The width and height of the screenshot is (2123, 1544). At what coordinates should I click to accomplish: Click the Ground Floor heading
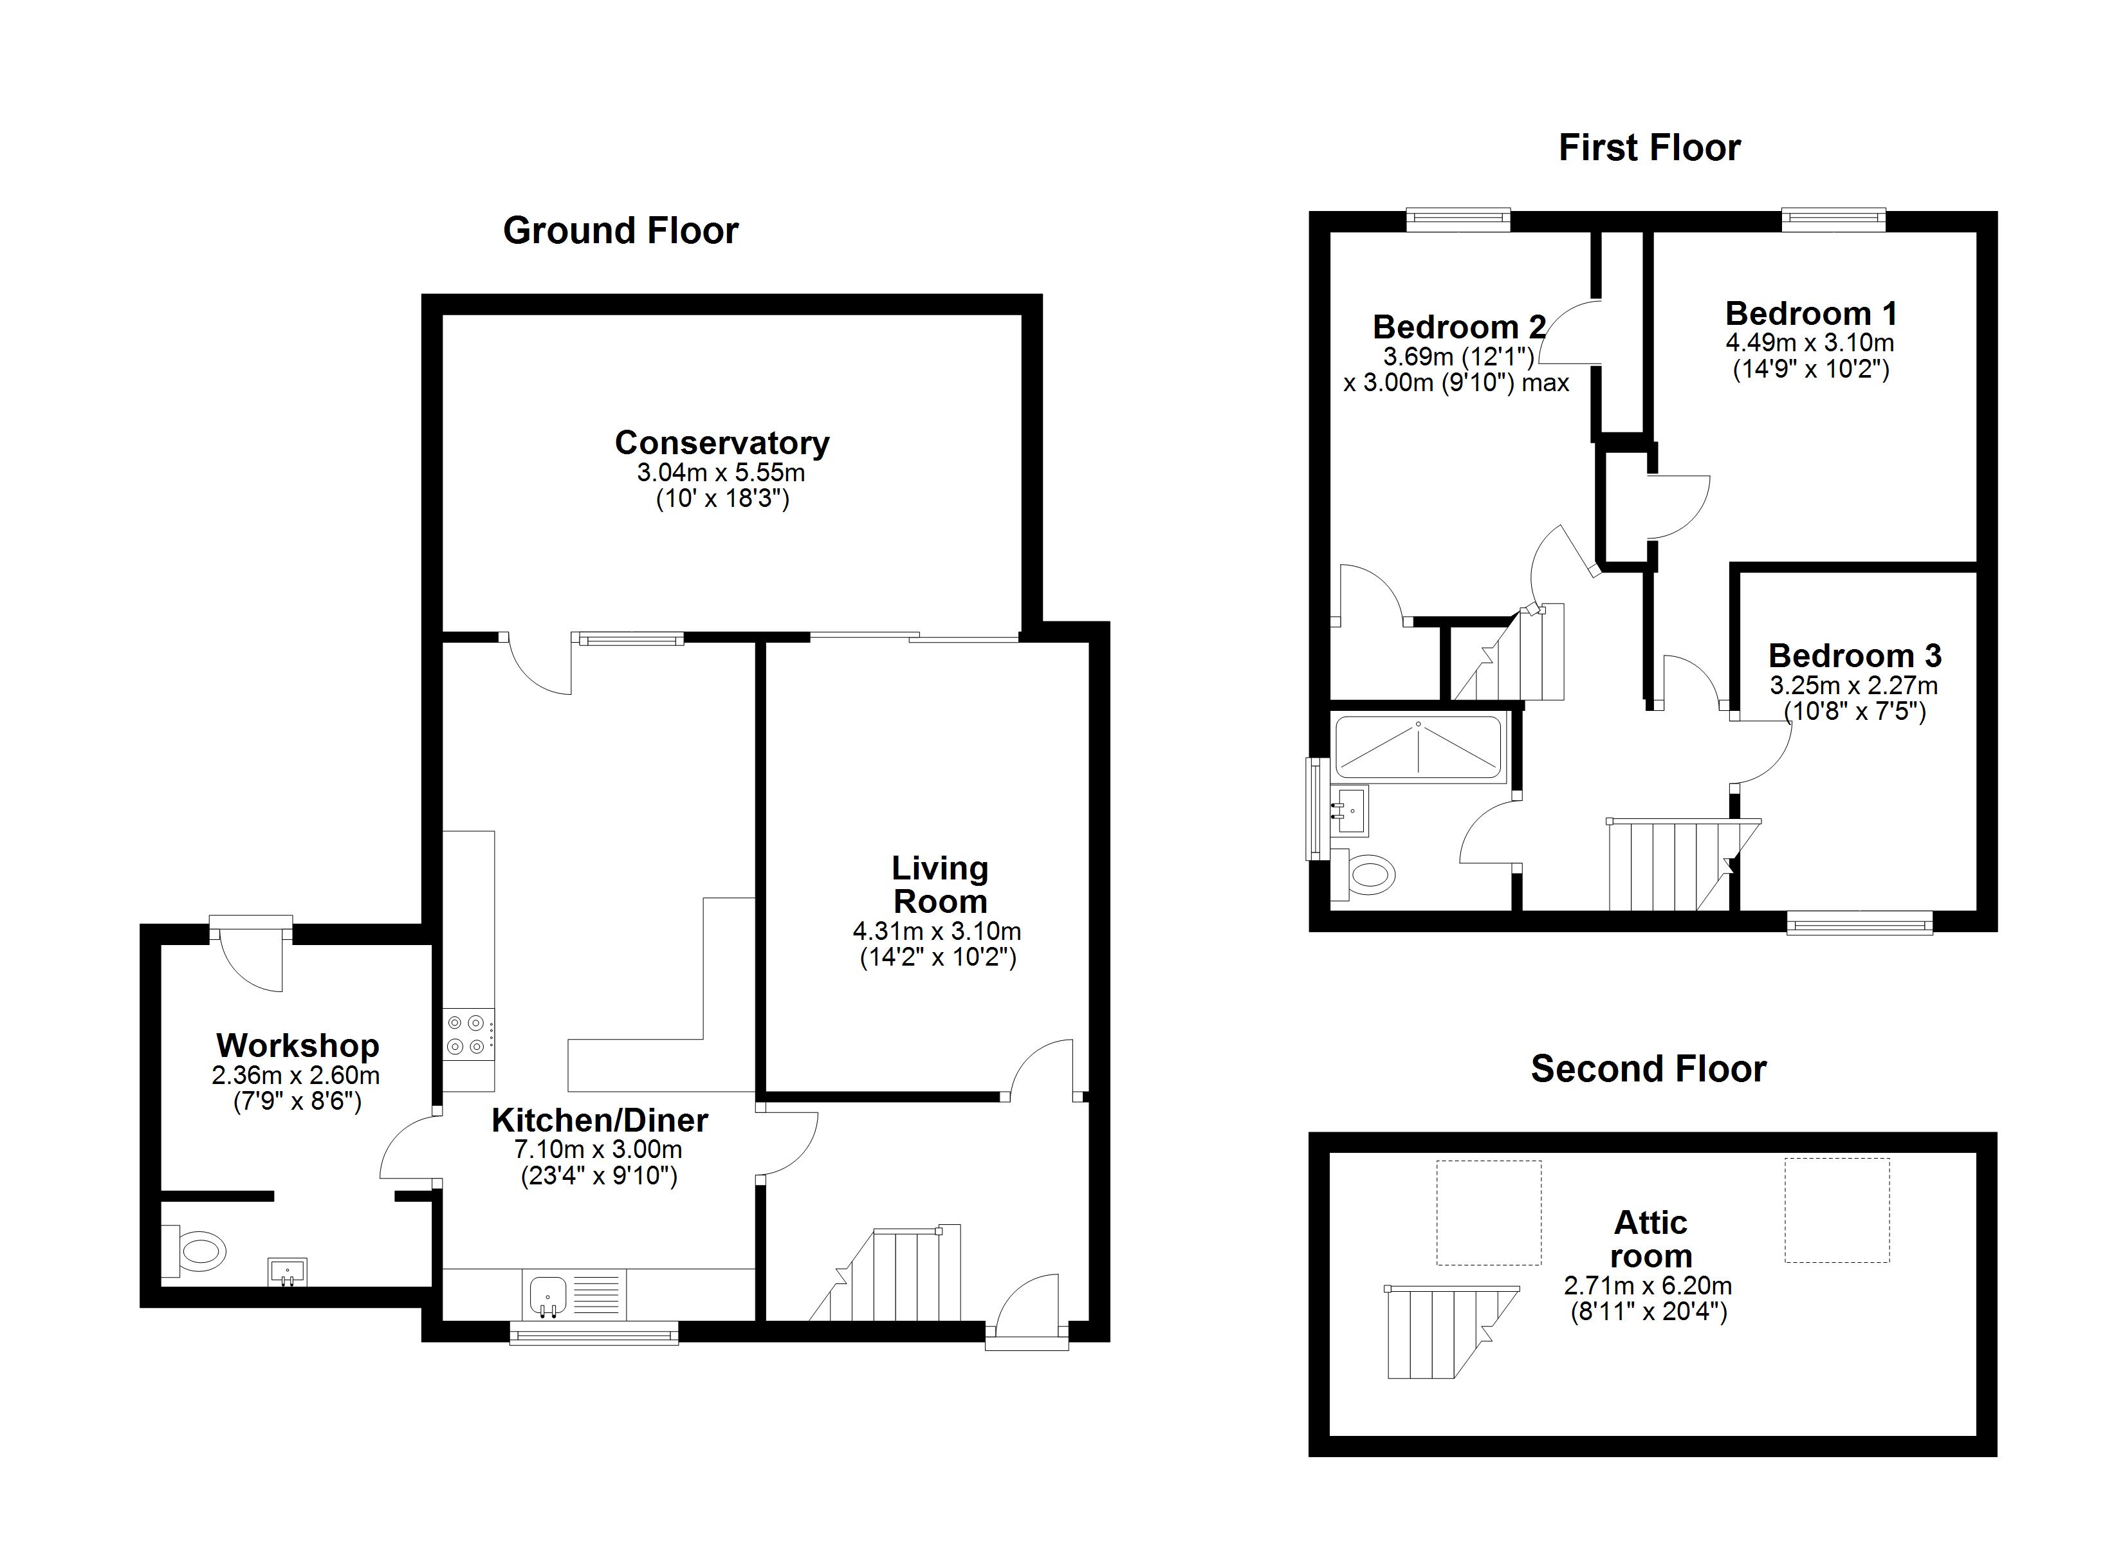pos(621,231)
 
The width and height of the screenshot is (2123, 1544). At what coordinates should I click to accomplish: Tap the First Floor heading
pos(1650,148)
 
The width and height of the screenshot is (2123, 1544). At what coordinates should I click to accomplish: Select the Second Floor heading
pos(1648,1069)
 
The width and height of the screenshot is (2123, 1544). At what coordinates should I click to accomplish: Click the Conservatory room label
pos(722,442)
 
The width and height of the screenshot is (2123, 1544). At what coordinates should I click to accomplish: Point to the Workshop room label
pos(298,1045)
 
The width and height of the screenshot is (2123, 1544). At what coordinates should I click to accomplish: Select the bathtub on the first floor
pos(1419,747)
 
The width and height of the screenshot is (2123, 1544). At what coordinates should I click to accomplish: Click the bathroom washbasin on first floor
pos(1350,810)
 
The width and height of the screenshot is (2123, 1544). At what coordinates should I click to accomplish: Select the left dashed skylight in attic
pos(1488,1213)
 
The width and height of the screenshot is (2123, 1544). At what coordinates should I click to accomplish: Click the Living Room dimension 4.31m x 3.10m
pos(937,932)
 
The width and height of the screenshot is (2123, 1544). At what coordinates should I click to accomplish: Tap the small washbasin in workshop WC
pos(288,1271)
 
